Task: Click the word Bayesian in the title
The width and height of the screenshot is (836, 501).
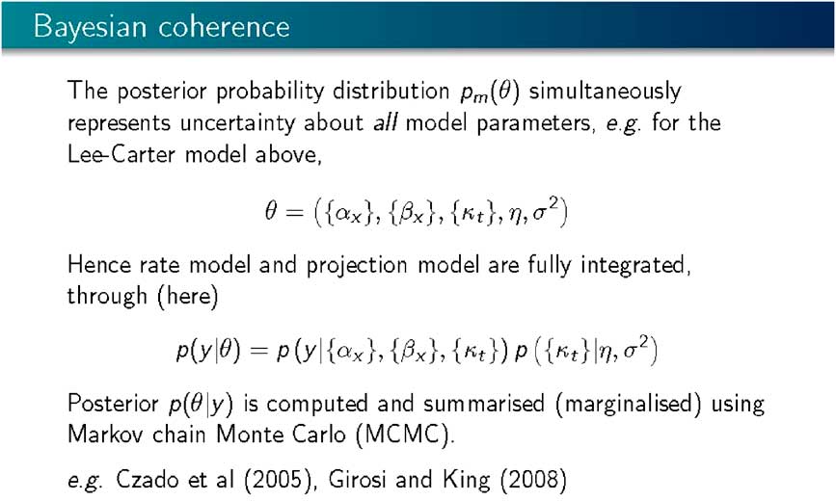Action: click(x=90, y=27)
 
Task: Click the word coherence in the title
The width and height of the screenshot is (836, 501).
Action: click(x=224, y=26)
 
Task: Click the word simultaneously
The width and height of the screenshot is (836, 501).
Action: click(x=605, y=92)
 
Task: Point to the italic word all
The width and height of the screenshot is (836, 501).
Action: click(x=384, y=122)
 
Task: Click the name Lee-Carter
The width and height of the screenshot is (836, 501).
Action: click(x=121, y=154)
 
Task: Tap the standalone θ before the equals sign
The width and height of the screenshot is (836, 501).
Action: click(x=271, y=211)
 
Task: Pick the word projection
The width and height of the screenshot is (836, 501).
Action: click(x=357, y=265)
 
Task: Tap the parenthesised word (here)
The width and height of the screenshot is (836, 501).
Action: click(x=187, y=296)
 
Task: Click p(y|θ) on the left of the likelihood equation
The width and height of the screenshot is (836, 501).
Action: click(x=208, y=351)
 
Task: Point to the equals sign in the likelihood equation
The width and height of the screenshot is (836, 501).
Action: click(x=258, y=351)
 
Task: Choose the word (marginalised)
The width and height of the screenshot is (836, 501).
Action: click(x=628, y=404)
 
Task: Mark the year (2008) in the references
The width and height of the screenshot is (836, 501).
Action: click(x=533, y=480)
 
